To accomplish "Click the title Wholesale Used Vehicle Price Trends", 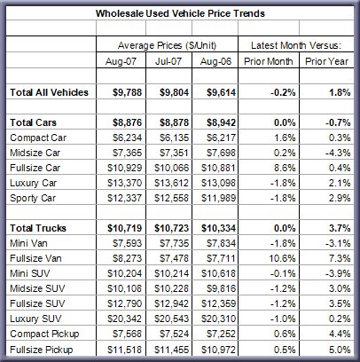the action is (180, 13).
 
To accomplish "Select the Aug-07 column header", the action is (121, 61).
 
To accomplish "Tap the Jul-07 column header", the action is (168, 61).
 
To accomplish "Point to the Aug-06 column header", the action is (215, 61).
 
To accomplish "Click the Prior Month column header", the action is (268, 61).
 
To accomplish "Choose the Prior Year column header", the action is (326, 61).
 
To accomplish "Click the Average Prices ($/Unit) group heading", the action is (167, 45).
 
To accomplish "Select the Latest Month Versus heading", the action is (296, 45).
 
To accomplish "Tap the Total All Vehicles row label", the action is (49, 92).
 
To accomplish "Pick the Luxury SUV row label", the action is (35, 319).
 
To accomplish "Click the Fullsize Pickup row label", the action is (42, 350).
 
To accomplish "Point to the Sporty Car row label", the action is (33, 198).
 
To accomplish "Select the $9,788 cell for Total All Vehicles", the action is (127, 92).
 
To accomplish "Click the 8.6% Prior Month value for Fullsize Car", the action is (285, 168).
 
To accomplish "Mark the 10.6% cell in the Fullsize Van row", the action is (282, 258).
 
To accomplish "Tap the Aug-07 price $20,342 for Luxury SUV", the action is (124, 319).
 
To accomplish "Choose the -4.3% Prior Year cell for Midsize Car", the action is (338, 153).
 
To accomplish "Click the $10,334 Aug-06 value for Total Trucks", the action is (218, 228).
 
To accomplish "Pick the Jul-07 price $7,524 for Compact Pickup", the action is (174, 334).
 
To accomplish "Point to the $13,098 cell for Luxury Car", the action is (218, 183).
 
